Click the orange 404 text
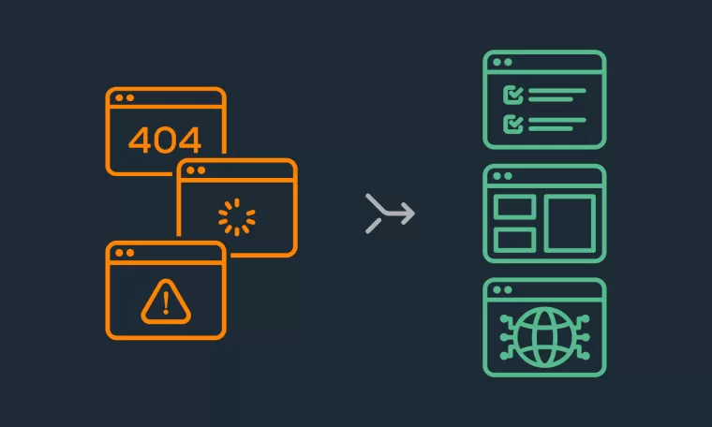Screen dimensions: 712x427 point(164,140)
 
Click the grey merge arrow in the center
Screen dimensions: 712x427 point(390,212)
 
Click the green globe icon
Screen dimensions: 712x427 point(544,337)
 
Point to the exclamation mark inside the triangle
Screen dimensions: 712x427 point(166,302)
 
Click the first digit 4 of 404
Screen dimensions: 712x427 point(140,140)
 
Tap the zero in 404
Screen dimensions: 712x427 point(164,140)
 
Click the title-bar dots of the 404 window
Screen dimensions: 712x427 point(125,98)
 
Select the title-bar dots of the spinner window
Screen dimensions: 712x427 point(196,170)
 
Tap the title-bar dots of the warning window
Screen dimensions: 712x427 point(125,253)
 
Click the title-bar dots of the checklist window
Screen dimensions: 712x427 point(502,62)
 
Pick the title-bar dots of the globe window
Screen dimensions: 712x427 point(502,290)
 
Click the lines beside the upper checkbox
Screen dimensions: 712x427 point(556,95)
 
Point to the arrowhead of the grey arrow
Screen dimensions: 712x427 point(408,213)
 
